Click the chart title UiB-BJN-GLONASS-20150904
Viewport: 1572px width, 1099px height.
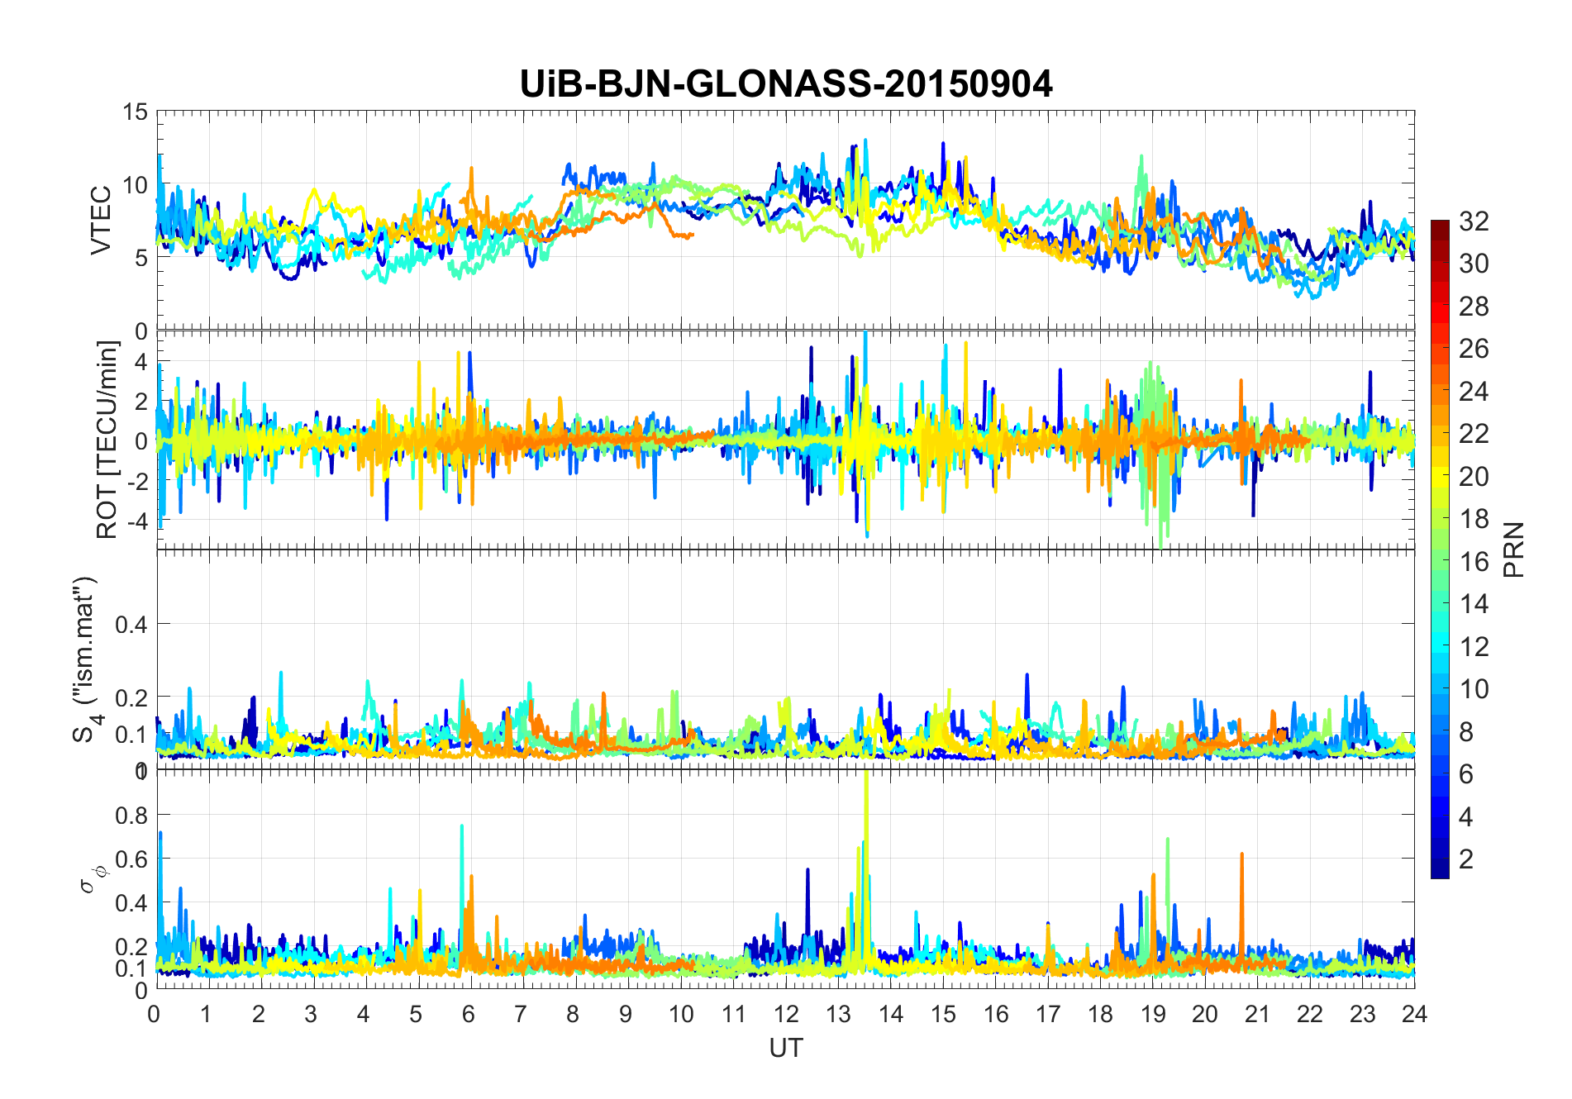(786, 84)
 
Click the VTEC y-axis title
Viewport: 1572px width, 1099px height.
(101, 221)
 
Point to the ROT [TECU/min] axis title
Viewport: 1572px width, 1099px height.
(107, 440)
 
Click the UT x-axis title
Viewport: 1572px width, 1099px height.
(785, 1048)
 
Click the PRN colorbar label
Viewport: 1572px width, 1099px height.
(1514, 549)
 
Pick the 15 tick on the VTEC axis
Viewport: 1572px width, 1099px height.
(135, 112)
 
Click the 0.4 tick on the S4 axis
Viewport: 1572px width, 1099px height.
(131, 625)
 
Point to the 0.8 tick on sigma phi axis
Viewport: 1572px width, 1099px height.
(131, 816)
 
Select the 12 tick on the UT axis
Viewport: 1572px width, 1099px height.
(786, 1014)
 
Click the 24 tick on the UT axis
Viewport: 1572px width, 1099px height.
(1414, 1014)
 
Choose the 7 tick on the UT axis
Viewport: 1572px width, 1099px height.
(520, 1014)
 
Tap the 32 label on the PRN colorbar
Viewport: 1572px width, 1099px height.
(1474, 221)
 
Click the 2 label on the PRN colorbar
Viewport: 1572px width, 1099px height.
(1465, 859)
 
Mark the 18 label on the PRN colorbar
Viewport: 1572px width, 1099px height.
(1474, 519)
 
